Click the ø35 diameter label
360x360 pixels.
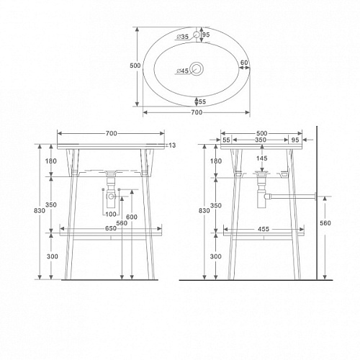(x=182, y=37)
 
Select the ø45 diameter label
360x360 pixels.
(x=182, y=71)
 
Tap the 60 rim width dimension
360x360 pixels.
(x=244, y=63)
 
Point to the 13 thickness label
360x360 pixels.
(x=172, y=145)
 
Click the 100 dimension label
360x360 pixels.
(x=111, y=214)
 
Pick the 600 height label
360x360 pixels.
(x=132, y=217)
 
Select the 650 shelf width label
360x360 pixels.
(x=111, y=228)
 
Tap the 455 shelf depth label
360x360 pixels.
(x=264, y=229)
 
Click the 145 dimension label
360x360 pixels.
(x=261, y=158)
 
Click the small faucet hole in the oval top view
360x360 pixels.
(x=197, y=35)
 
